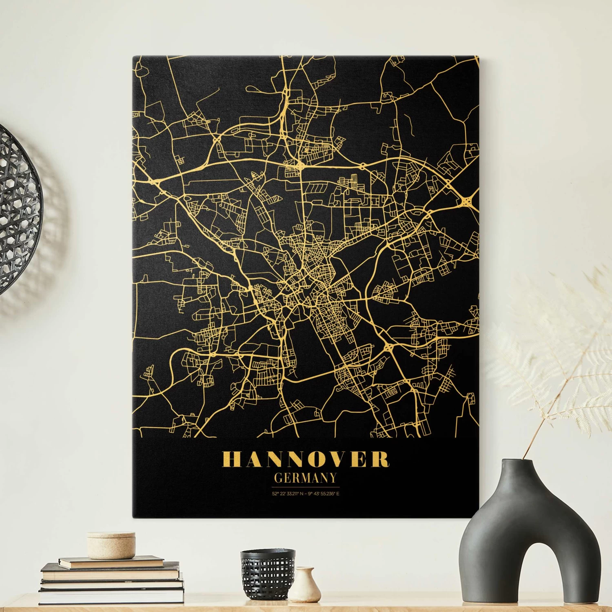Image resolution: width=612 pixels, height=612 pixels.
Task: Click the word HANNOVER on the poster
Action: pos(305,459)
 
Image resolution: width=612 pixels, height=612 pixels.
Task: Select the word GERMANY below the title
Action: pos(306,478)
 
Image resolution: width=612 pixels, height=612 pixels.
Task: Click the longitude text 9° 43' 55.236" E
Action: pos(324,494)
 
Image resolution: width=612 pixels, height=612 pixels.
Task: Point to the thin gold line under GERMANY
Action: pos(306,487)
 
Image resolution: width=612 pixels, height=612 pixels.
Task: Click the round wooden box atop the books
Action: pos(111,545)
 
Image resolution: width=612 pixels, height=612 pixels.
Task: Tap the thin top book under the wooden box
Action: pos(111,562)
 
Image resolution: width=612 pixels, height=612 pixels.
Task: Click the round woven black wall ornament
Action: pos(18,210)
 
